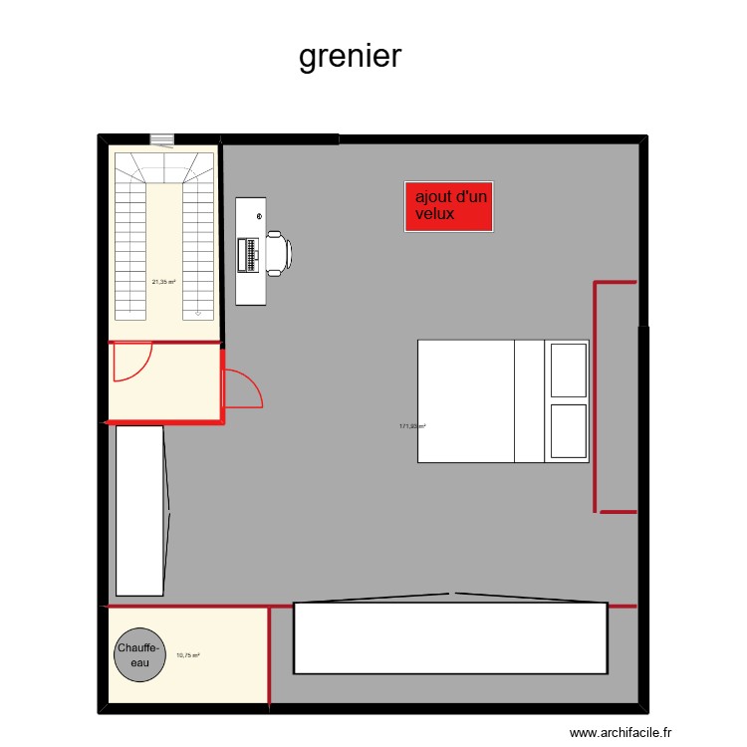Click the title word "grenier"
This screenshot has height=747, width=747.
[351, 56]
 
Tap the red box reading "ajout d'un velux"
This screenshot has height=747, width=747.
[449, 207]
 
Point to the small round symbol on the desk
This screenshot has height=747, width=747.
[259, 216]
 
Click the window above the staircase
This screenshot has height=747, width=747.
[161, 139]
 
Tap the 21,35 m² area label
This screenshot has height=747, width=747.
[163, 282]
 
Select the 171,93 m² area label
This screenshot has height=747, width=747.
[412, 426]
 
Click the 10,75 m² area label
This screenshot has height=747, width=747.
[187, 655]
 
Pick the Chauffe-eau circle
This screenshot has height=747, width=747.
[140, 655]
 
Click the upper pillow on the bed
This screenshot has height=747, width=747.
[568, 370]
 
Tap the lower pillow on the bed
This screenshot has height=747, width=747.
[568, 431]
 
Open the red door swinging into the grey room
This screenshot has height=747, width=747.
[242, 388]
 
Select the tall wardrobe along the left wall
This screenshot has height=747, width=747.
[139, 510]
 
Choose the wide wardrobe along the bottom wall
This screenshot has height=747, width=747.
[450, 637]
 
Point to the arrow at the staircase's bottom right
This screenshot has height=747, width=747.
[198, 314]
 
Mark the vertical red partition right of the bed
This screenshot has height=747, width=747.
[596, 396]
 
